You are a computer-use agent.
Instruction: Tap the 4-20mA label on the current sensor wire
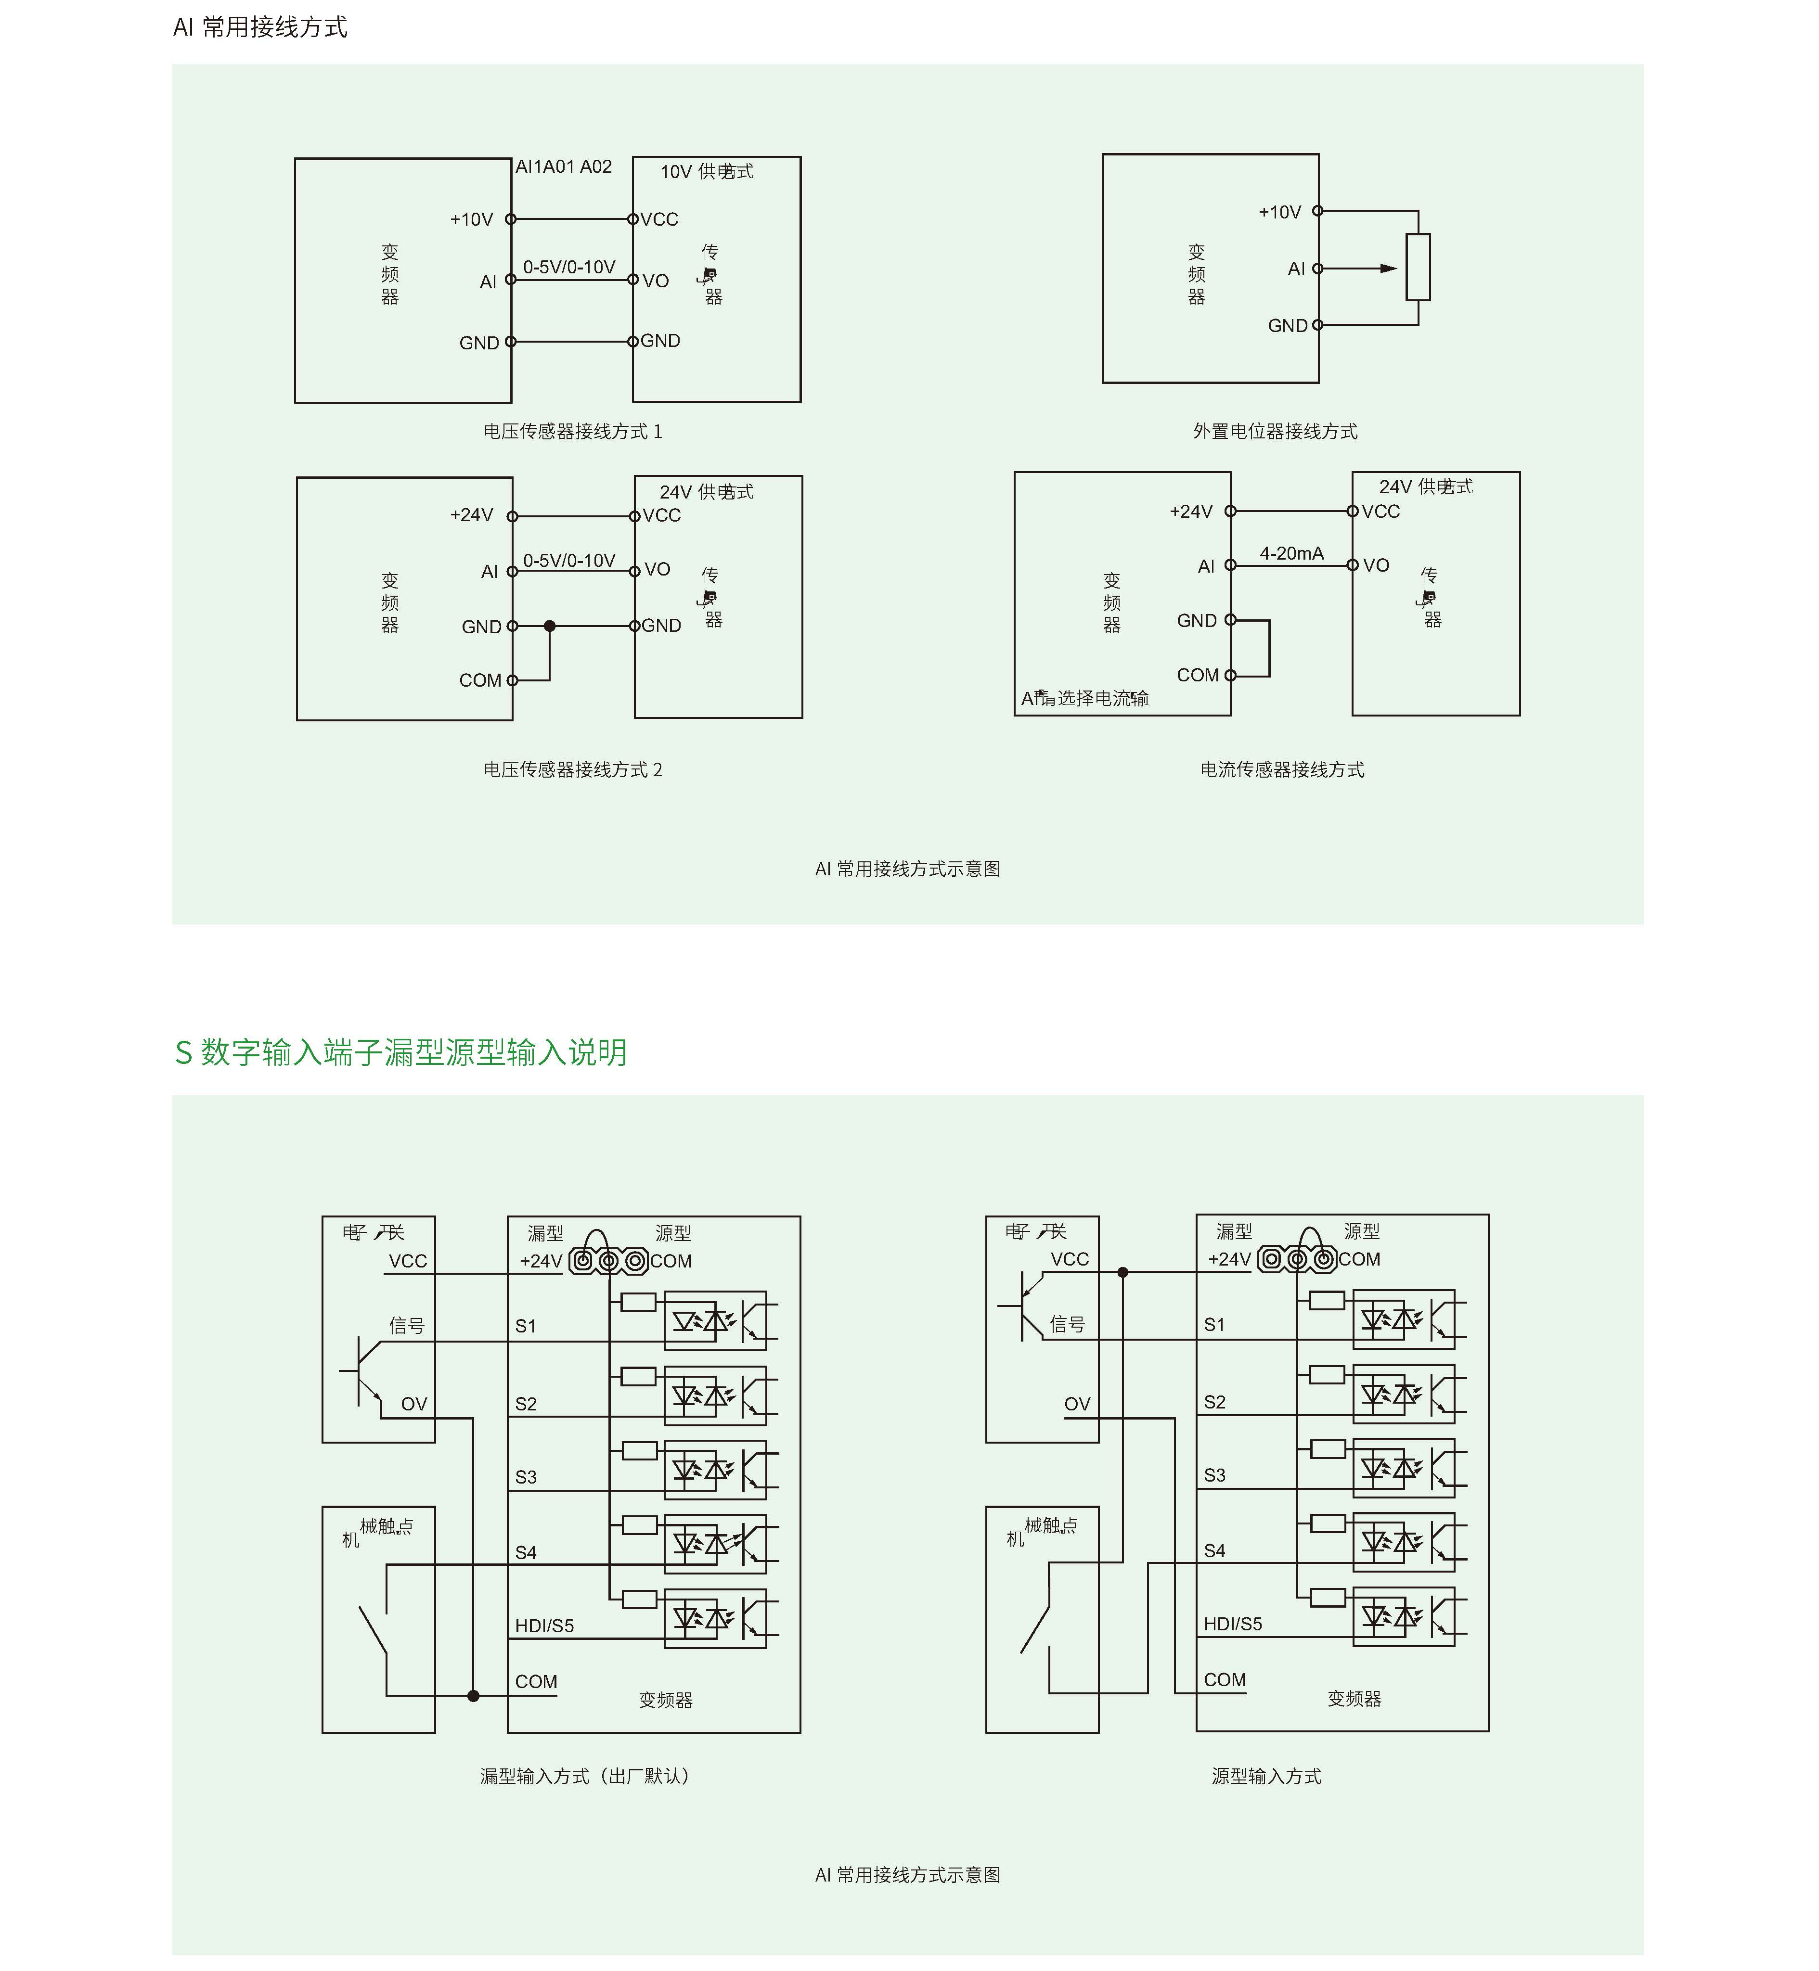1291,554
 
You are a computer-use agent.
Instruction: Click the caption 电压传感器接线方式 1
573,431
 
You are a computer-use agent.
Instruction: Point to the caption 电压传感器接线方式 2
573,769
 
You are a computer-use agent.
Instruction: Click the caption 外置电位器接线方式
1275,431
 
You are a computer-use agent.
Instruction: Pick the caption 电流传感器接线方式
1281,769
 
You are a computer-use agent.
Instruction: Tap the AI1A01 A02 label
564,167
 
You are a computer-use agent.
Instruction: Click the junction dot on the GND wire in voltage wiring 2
549,626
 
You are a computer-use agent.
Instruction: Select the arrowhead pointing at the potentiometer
1388,268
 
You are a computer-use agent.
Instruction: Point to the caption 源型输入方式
1266,1776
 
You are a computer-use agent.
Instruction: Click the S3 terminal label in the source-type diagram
1214,1475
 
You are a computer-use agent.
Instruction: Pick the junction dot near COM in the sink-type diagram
474,1695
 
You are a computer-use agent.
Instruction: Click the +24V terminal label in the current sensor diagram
1191,512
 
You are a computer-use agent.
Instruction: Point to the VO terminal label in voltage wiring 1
656,282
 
